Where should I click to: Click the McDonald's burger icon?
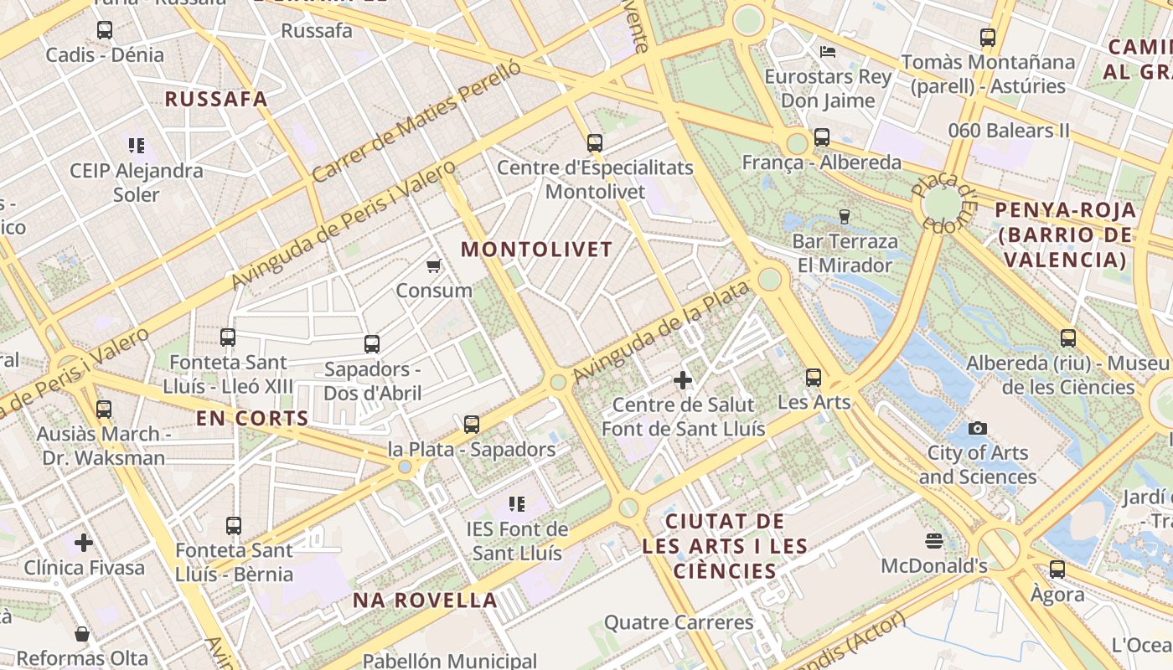pos(934,541)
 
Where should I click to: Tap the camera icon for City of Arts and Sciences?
pos(977,429)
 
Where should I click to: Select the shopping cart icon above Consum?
pos(433,266)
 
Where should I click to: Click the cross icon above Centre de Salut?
pos(683,381)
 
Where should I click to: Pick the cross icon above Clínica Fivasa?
pos(83,543)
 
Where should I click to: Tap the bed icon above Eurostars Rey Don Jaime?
pos(828,51)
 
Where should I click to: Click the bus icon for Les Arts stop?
pos(813,378)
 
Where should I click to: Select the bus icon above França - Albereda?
pos(821,137)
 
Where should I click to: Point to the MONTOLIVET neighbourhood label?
pos(536,250)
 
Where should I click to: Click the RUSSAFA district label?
pos(216,99)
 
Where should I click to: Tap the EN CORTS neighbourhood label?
pos(252,418)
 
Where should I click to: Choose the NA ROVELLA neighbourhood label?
pos(425,600)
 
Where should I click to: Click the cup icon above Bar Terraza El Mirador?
pos(844,216)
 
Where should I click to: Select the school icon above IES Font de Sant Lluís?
pos(517,504)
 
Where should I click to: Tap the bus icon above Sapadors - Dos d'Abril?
pos(371,344)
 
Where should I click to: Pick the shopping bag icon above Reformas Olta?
pos(82,634)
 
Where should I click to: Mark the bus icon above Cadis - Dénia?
pos(105,30)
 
